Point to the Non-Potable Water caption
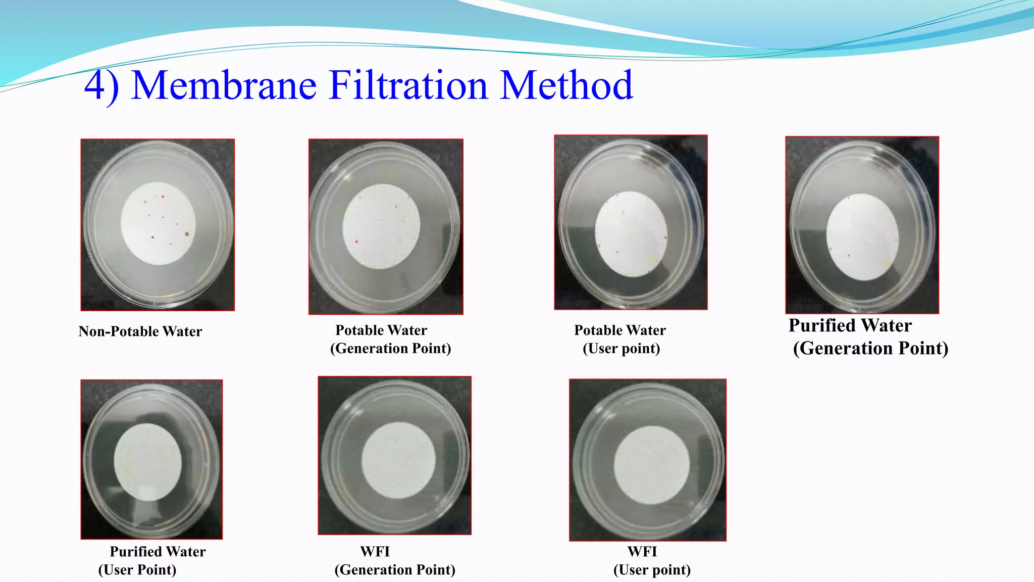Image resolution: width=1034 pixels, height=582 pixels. (140, 331)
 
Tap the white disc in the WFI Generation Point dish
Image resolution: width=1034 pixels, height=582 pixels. (398, 460)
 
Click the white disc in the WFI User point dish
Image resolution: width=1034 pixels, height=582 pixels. (651, 465)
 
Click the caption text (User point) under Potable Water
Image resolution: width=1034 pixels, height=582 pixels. (621, 349)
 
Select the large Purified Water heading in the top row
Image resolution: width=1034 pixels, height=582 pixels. (850, 325)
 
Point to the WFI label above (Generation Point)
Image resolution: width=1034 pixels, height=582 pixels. (375, 551)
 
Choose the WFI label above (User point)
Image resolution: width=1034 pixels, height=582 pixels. (642, 551)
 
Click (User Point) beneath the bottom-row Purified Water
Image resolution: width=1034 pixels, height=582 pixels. (137, 570)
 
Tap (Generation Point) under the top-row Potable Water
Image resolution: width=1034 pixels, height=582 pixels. (390, 349)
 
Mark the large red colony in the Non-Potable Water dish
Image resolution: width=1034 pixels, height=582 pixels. (187, 234)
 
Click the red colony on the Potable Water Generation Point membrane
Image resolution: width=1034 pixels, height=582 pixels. (356, 241)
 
